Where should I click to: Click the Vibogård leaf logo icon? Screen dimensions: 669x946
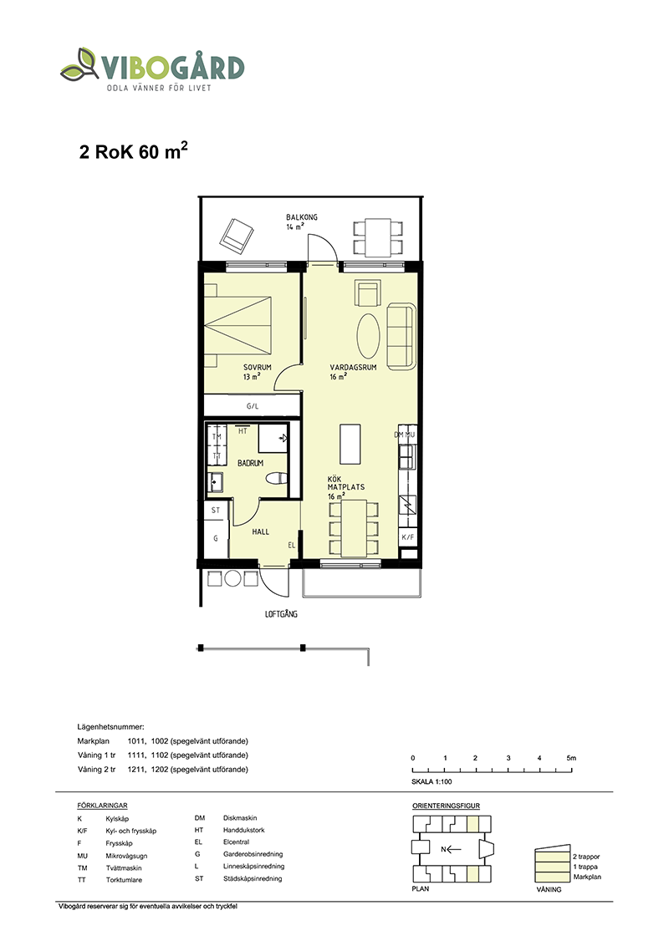79,64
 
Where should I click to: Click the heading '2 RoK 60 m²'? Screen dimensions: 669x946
133,150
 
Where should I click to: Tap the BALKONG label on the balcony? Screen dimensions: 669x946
302,217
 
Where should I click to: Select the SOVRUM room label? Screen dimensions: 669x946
258,367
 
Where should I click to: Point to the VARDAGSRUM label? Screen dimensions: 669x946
353,367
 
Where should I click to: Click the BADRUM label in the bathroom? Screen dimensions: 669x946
251,463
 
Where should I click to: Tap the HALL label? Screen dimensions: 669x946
261,531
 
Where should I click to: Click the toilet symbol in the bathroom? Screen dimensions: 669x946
276,478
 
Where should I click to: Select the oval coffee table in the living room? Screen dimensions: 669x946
368,334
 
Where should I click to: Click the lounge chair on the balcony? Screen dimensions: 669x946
236,236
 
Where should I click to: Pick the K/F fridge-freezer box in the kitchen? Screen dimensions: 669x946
408,537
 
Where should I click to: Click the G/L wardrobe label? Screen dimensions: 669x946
253,406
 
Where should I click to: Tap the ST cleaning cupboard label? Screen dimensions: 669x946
216,511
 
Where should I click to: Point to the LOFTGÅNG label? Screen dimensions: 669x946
281,613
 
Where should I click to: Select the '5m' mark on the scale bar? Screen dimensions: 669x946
571,758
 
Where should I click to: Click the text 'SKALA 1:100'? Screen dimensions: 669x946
432,781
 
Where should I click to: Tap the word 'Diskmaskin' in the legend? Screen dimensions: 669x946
240,818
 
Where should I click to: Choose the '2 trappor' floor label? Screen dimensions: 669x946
586,857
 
